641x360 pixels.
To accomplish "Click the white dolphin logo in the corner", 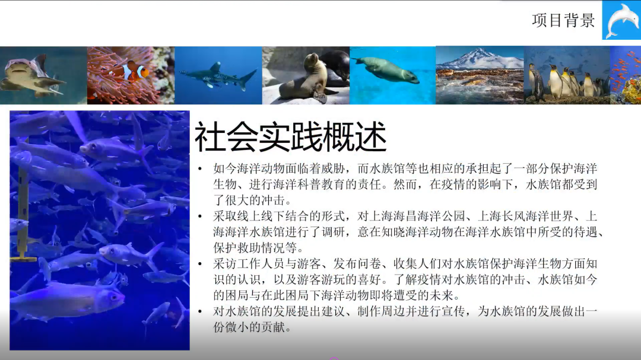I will point(621,20).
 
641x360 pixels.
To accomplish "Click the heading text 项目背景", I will point(563,20).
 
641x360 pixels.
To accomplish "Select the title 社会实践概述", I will point(290,138).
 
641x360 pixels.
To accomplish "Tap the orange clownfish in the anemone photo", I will point(131,72).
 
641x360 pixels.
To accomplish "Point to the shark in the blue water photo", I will point(217,75).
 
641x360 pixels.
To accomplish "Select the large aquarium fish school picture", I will point(100,230).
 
